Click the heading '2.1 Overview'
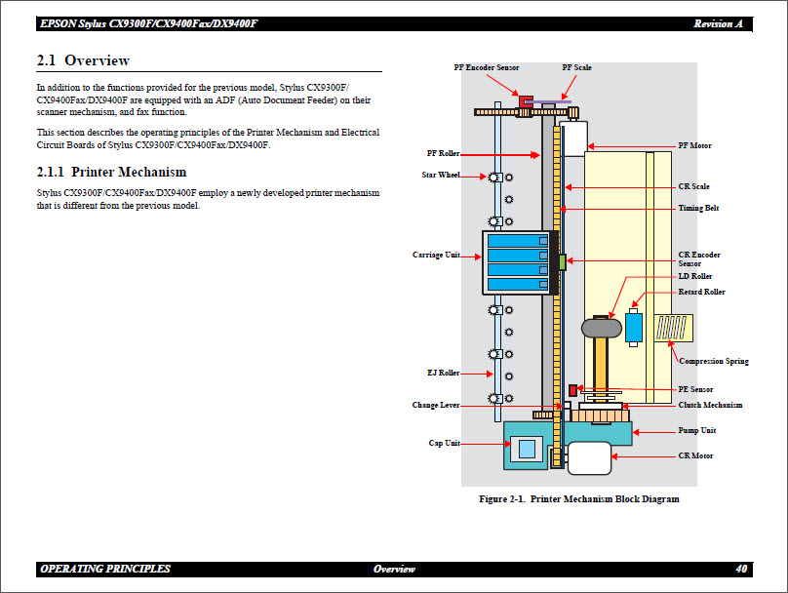(83, 61)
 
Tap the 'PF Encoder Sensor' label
(486, 67)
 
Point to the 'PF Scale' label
(576, 67)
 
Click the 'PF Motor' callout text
(694, 145)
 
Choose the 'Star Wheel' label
(435, 176)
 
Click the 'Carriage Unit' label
(437, 255)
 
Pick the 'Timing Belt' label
(698, 208)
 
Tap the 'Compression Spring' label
(714, 361)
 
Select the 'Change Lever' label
(436, 406)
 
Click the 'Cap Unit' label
(444, 443)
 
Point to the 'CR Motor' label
(695, 455)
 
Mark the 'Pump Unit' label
(697, 430)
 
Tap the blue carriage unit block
(517, 262)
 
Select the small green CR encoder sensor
(563, 261)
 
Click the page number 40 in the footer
(741, 569)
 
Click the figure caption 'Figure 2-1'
(578, 499)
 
